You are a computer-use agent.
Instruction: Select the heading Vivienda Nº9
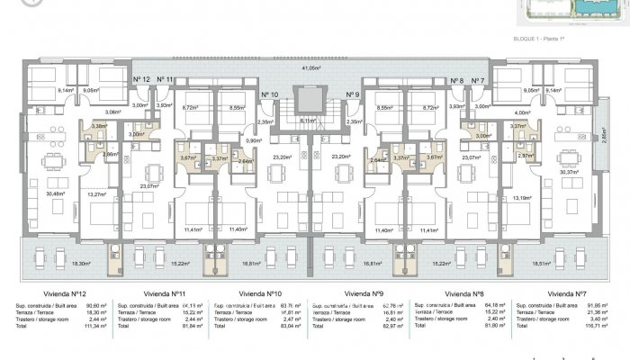tap(364, 292)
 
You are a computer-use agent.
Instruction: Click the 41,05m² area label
tap(311, 67)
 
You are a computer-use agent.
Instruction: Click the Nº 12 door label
tap(141, 80)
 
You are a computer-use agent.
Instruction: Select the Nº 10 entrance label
tap(270, 94)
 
